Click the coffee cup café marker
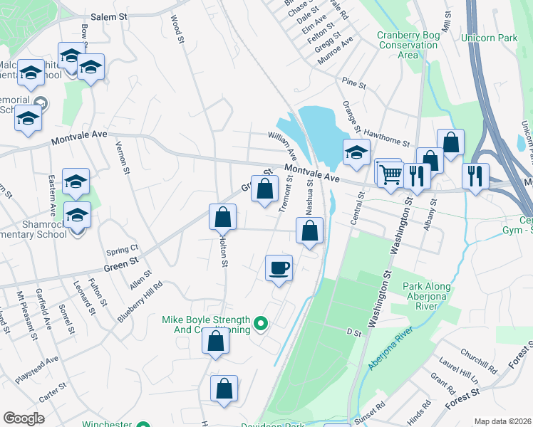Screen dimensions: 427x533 coord(279,268)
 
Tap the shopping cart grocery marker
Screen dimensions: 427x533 coord(389,173)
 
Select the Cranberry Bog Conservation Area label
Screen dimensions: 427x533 coord(407,44)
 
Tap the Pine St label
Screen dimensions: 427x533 coord(353,84)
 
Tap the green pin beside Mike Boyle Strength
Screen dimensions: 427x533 coord(261,325)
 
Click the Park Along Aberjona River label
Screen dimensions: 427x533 coord(428,292)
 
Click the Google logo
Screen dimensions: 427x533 coord(24,418)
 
